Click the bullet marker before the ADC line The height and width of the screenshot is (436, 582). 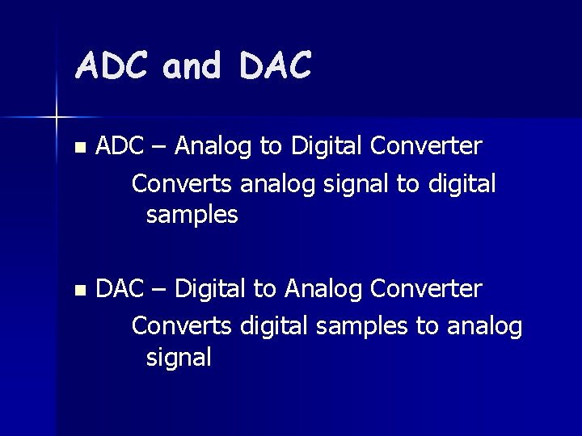coord(78,148)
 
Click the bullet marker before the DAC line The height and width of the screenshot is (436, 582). coord(78,289)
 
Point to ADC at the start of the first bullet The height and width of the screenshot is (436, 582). coord(119,146)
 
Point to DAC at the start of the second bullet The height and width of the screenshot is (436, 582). coord(119,288)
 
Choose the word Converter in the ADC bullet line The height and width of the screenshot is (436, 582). coord(426,146)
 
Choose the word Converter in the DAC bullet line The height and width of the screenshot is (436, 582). coord(426,288)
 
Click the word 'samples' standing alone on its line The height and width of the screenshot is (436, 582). coord(192,216)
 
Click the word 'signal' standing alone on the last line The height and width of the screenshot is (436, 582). coord(179,358)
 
